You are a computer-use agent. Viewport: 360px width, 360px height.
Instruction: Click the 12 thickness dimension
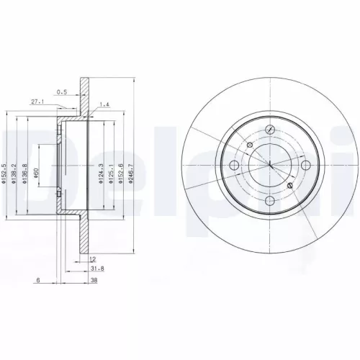93,258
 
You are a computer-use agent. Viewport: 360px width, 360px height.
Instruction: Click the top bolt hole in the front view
268,130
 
